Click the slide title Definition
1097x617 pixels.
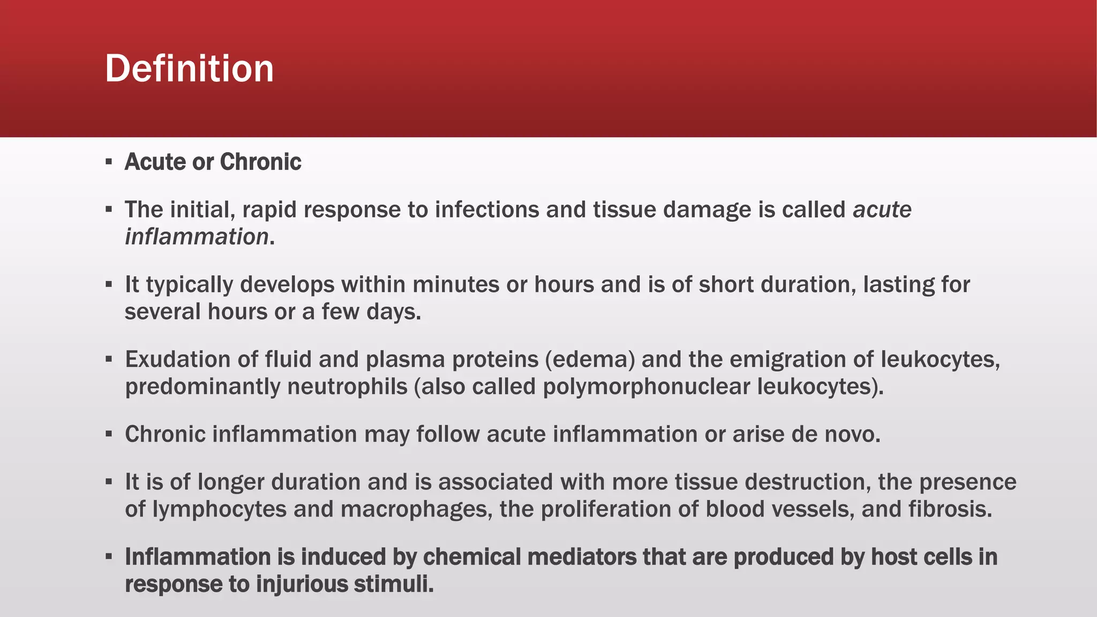[189, 69]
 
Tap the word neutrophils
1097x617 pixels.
[347, 387]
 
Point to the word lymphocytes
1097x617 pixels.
[219, 509]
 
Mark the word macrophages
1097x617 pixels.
[416, 509]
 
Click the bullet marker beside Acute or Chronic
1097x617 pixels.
[109, 162]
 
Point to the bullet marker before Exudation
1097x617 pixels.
[109, 359]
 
